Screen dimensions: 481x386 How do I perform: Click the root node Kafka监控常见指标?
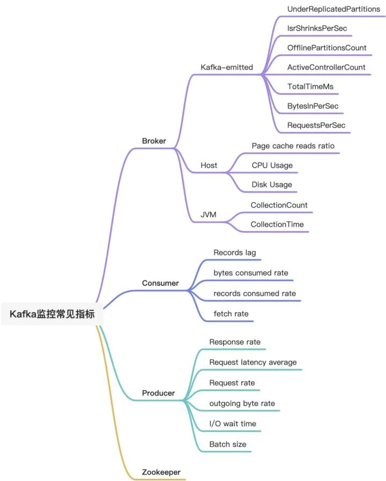52,314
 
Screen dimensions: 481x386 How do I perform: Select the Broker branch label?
154,141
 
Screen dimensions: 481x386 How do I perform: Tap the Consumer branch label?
160,283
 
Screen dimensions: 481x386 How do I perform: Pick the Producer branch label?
158,393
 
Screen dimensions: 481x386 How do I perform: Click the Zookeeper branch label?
161,472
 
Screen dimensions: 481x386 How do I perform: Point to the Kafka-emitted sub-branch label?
227,68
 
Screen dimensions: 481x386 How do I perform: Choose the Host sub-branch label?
209,165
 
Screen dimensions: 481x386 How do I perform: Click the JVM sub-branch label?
209,215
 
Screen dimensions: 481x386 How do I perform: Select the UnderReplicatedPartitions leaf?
334,9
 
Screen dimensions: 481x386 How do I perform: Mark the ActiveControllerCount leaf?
326,67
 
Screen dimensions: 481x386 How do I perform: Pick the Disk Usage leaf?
272,184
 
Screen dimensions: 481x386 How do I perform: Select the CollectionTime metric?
277,224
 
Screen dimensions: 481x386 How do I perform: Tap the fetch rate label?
231,313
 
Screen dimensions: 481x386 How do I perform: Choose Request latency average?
253,362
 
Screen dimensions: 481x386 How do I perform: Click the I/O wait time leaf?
233,424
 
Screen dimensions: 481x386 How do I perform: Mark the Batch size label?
228,444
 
